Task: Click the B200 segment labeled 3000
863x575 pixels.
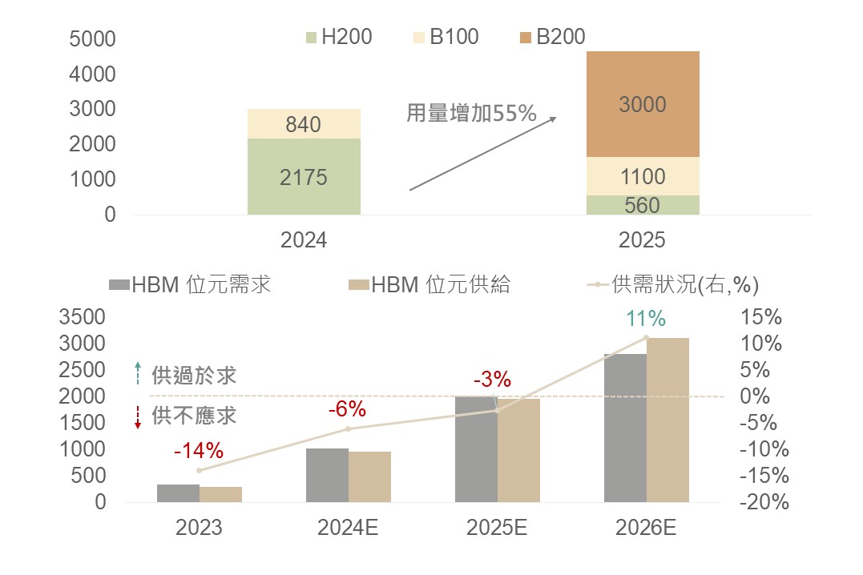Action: coord(643,104)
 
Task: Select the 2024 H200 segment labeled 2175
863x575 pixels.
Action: coord(304,176)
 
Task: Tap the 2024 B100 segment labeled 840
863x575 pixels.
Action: coord(304,124)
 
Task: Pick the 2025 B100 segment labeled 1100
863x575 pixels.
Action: coord(643,176)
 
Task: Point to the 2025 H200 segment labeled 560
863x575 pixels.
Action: coord(643,205)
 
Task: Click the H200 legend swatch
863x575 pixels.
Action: coord(312,37)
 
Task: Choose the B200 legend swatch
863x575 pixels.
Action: coord(526,37)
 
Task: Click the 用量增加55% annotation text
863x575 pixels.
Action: coord(470,113)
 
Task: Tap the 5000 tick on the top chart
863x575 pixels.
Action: coord(93,38)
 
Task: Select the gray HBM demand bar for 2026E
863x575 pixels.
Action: coord(625,428)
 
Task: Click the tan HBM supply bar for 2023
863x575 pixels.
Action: coord(220,494)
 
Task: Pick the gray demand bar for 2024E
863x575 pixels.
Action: coord(327,475)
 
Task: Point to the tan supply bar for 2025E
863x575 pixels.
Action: coord(518,450)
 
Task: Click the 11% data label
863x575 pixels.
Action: coord(646,319)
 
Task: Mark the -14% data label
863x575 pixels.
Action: coord(198,451)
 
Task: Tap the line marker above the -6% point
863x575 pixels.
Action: coord(348,428)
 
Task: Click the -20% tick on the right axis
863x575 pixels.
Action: coord(764,502)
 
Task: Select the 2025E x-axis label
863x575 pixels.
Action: coord(497,528)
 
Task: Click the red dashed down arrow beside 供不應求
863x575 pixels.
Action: coord(138,417)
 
